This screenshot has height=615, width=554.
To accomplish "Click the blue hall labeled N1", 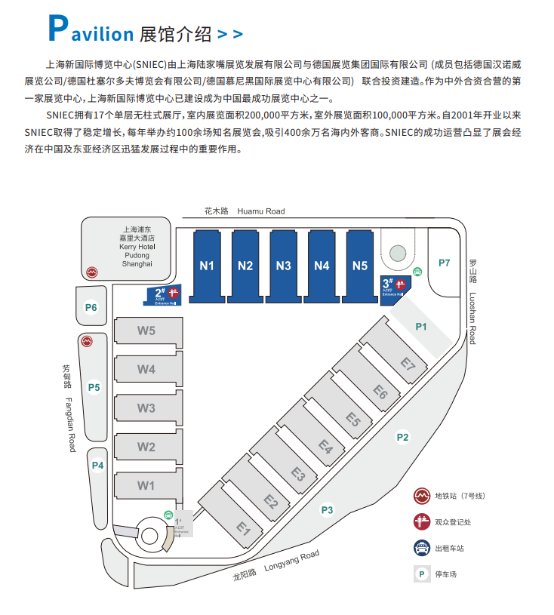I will pos(207,265).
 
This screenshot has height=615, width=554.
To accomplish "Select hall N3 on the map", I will pos(284,265).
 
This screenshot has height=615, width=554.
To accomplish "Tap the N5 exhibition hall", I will pos(360,265).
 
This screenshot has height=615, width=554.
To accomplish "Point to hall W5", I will pos(146,331).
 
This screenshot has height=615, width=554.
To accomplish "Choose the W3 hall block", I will pos(146,408).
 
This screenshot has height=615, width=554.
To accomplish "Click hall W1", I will pos(146,485).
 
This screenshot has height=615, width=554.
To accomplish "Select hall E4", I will pos(325,447).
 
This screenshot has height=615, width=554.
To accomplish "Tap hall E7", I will pos(408,365).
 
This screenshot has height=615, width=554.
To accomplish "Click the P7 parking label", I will pos(444,263).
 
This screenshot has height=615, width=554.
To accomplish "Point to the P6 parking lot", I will pos(91,307).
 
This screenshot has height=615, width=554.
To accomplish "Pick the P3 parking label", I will pos(327,510).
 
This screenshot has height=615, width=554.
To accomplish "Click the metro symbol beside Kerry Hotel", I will pos(91,270).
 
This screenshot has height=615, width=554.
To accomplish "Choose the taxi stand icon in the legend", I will pos(421,548).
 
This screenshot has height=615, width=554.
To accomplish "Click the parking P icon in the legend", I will pos(421,573).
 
